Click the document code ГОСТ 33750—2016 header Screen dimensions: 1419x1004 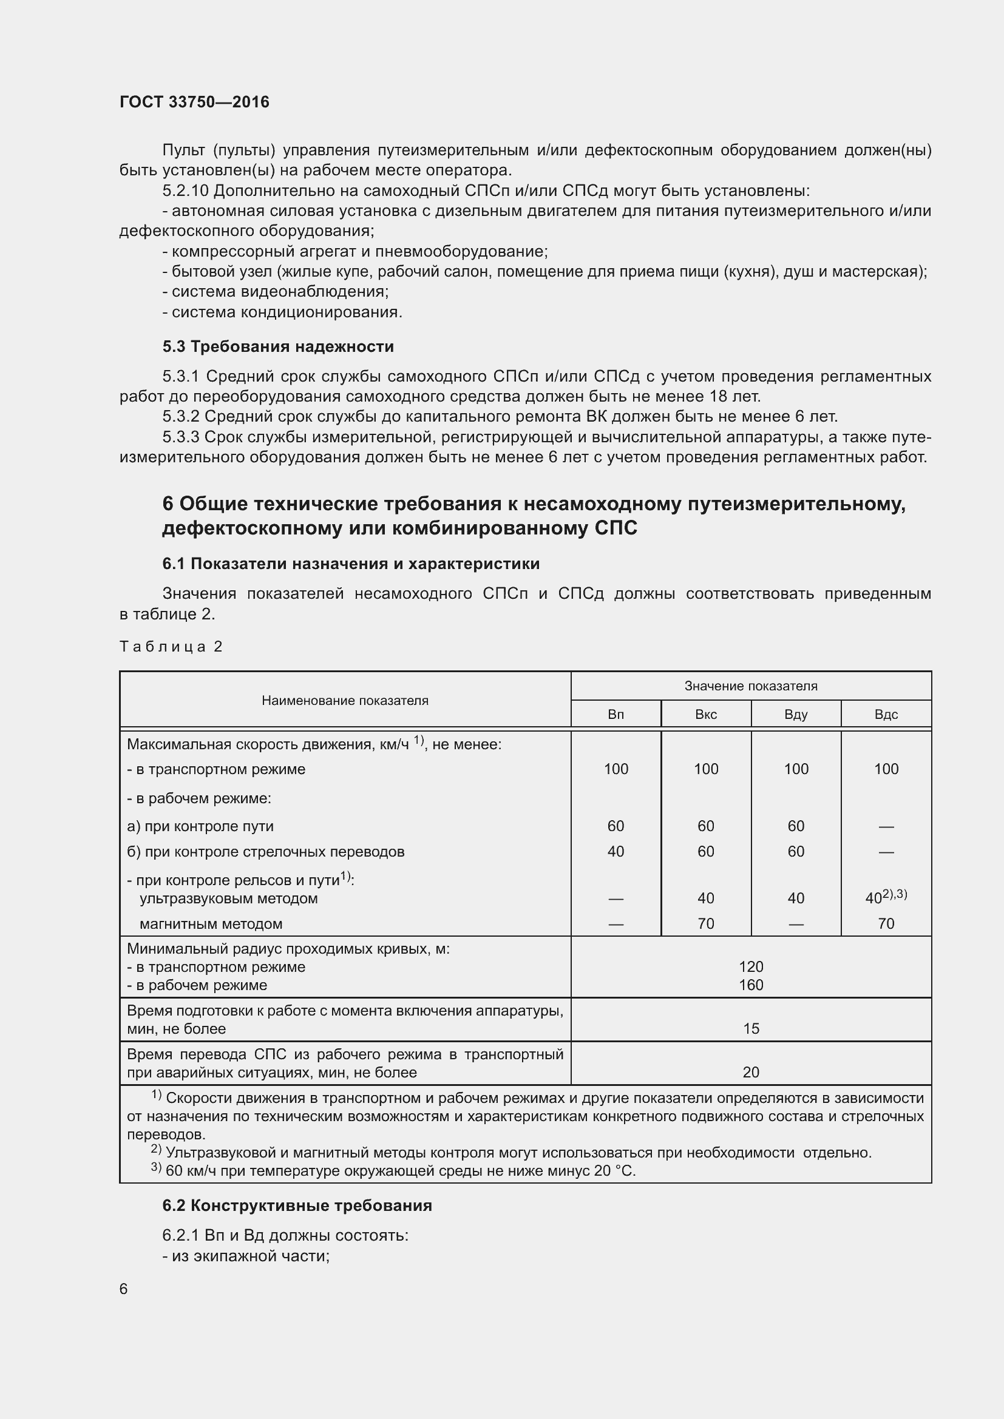[194, 102]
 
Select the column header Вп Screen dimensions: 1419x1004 [615, 715]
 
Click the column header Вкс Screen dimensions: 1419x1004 [705, 715]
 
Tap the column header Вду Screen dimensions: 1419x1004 [796, 715]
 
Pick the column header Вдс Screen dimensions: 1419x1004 [885, 715]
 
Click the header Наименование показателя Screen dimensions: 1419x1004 [345, 700]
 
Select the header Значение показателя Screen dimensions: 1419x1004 [750, 686]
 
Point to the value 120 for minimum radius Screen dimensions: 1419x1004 [750, 966]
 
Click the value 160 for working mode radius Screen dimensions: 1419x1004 [750, 985]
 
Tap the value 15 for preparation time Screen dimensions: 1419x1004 [750, 1029]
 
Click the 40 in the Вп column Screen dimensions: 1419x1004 [615, 852]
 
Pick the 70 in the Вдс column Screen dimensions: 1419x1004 [885, 924]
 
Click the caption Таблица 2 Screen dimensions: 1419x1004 [171, 647]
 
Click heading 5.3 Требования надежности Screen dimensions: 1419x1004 [278, 347]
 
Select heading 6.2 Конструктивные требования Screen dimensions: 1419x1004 [297, 1206]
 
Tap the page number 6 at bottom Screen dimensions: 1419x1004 [124, 1289]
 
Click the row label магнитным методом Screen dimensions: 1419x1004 [211, 924]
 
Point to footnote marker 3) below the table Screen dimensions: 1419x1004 [156, 1168]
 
